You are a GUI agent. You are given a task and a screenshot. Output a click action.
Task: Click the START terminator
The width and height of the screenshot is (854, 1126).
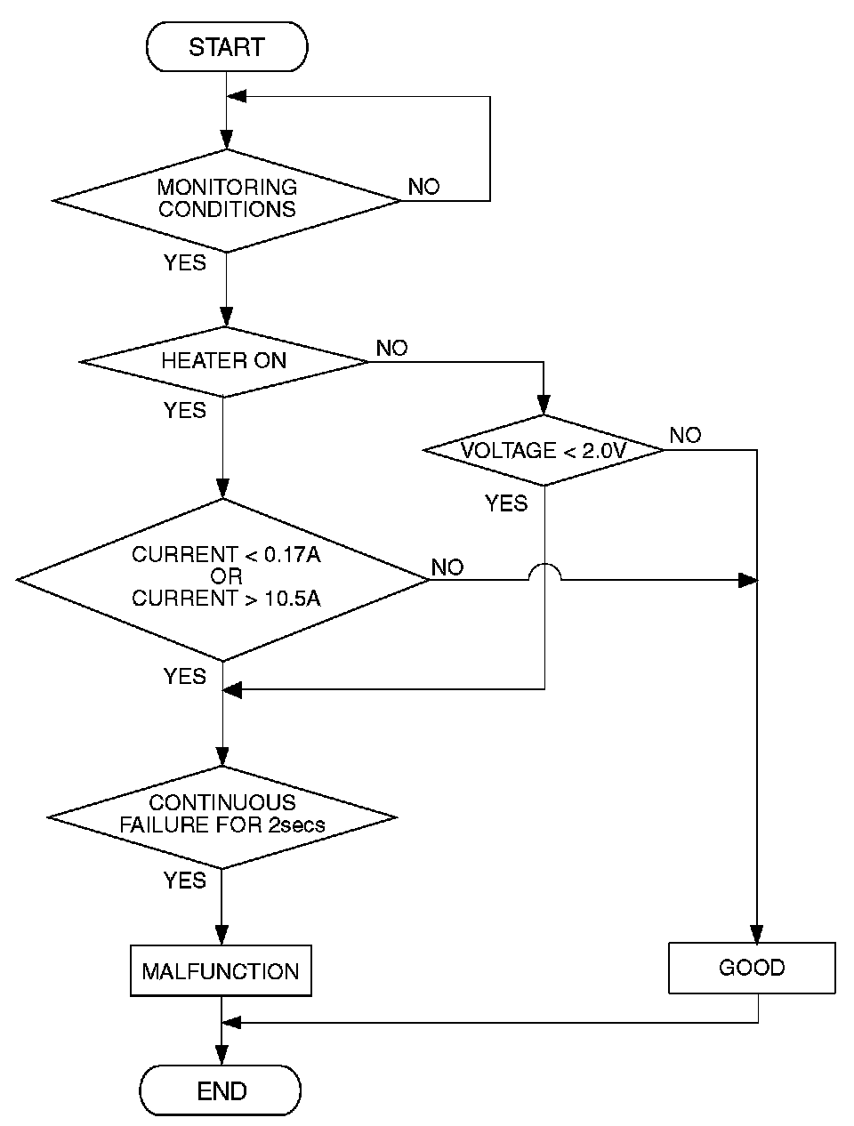(x=226, y=47)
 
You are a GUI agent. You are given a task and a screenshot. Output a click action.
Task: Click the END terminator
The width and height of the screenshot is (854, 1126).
(x=221, y=1090)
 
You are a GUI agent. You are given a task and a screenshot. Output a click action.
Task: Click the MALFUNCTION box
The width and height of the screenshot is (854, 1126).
(x=221, y=970)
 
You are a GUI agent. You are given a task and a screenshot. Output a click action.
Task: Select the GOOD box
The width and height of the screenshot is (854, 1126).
(x=752, y=968)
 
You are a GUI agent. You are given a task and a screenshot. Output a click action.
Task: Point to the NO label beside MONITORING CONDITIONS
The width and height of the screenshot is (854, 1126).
(x=423, y=187)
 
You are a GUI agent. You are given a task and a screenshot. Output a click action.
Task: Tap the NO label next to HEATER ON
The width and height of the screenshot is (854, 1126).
(x=391, y=348)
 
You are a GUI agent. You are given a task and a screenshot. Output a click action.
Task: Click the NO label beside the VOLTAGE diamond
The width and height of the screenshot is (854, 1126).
(x=685, y=435)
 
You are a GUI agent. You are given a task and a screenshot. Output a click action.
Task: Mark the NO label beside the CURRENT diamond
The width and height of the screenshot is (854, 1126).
(x=447, y=567)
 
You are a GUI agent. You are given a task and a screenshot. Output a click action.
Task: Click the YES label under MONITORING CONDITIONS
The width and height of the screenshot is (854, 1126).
(x=184, y=263)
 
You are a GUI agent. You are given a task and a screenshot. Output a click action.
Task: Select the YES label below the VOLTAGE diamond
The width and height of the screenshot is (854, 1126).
(x=506, y=504)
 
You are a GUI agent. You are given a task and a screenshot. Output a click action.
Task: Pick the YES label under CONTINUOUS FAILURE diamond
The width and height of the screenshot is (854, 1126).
(x=184, y=881)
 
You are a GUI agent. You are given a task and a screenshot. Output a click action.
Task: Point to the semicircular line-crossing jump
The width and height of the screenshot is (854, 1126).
(x=544, y=575)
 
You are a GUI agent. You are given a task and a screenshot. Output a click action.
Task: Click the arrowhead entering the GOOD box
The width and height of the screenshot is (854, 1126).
(x=757, y=935)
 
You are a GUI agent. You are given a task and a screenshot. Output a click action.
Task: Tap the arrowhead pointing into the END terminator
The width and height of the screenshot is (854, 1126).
(x=221, y=1058)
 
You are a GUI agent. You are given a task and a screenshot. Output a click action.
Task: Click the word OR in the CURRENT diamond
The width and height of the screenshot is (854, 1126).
(x=226, y=576)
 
